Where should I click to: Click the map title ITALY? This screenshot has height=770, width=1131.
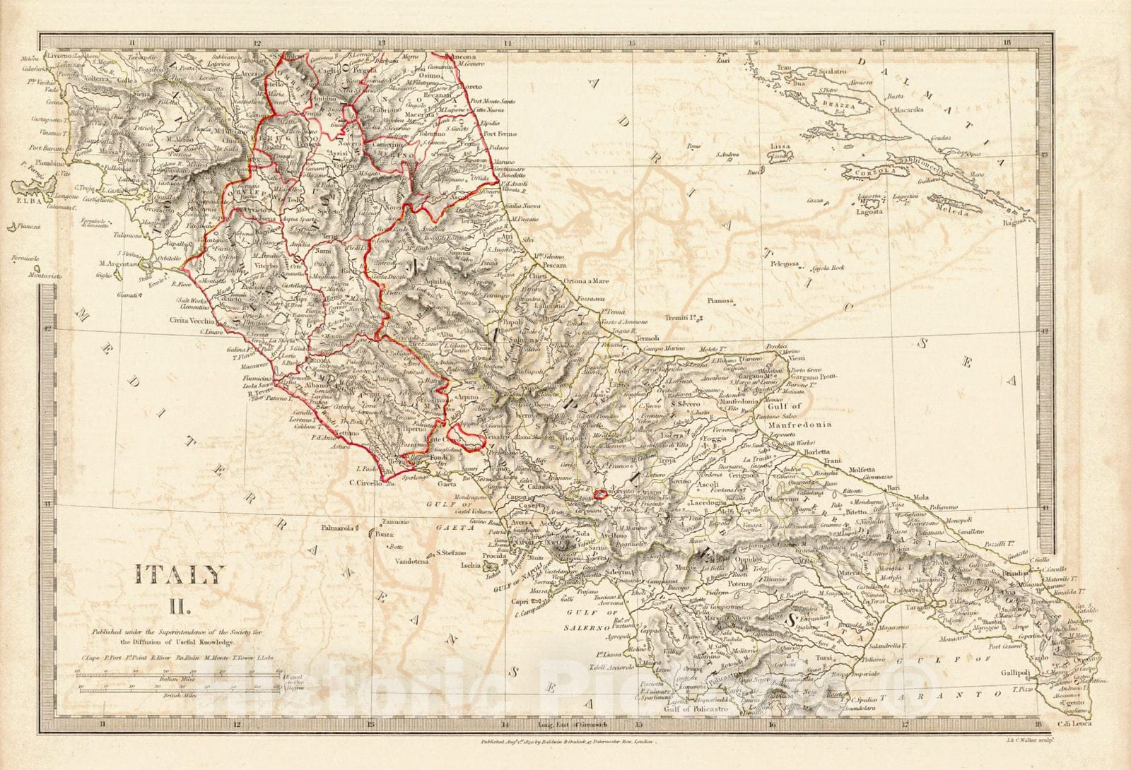[180, 576]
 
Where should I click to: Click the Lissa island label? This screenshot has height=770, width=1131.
[780, 146]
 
